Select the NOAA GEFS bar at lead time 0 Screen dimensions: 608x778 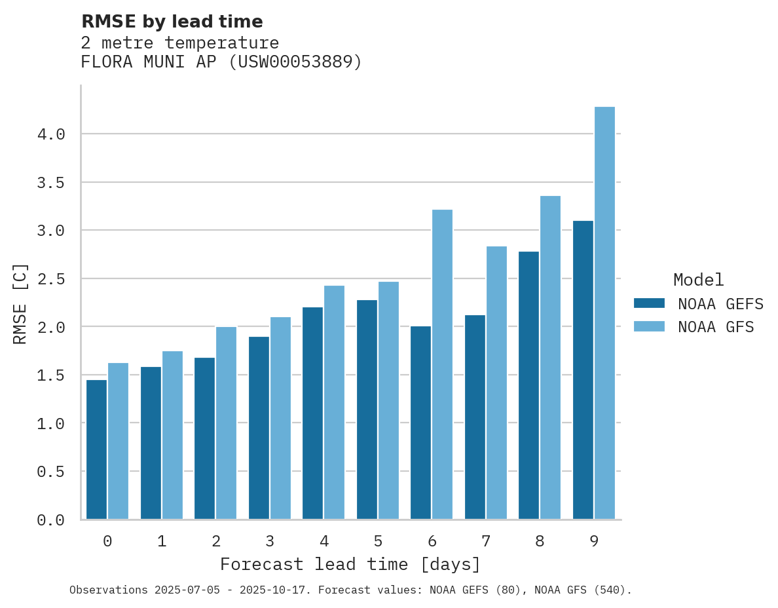pos(96,449)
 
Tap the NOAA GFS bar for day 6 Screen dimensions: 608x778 pos(442,364)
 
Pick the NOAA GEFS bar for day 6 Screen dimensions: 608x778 pos(420,423)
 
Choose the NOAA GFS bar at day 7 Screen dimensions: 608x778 pos(496,383)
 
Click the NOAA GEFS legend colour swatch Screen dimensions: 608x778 pos(649,303)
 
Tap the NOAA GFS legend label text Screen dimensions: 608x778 pos(716,327)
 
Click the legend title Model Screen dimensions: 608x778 pos(698,280)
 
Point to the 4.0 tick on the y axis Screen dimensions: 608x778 pos(51,134)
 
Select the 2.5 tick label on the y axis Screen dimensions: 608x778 pos(51,279)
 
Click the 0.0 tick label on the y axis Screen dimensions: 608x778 pos(51,520)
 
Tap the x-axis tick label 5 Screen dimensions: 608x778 pos(378,541)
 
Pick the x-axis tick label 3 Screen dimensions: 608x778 pos(270,541)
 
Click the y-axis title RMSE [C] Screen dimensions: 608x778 pos(20,303)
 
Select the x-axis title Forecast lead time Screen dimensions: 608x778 pos(350,564)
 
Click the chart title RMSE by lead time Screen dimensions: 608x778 pos(172,22)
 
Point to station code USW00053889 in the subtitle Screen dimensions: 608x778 pos(294,62)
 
